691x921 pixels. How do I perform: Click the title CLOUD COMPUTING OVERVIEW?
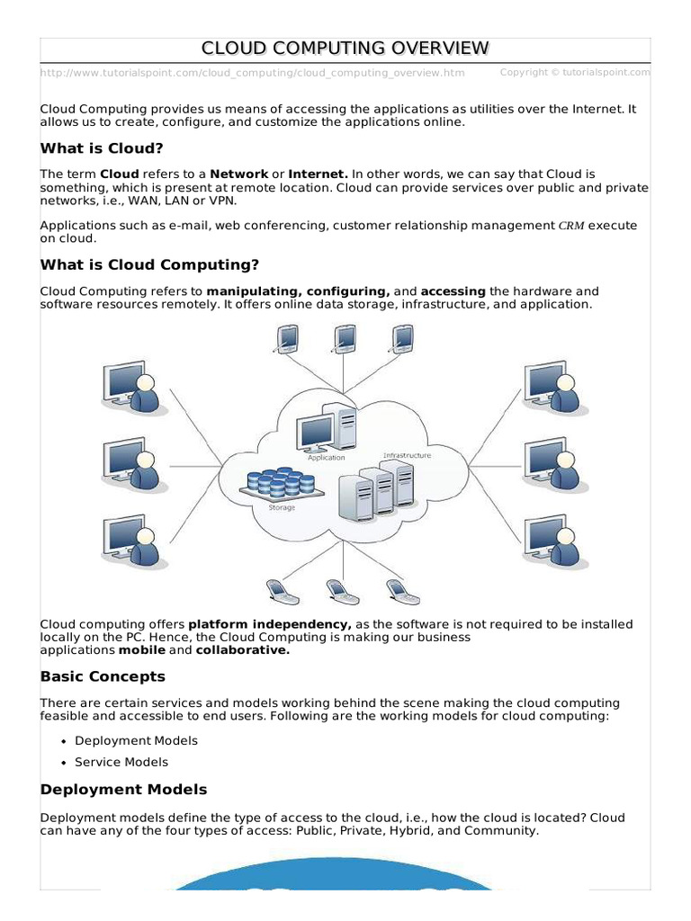click(345, 48)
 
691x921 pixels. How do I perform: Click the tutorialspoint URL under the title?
click(253, 72)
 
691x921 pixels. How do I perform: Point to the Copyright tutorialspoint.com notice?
click(575, 72)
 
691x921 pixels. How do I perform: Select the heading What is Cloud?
click(103, 148)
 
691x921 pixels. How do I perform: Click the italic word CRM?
click(571, 227)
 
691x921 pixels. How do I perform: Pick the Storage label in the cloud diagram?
click(282, 507)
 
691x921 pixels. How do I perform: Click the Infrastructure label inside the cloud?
click(407, 455)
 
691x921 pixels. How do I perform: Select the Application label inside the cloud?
click(326, 458)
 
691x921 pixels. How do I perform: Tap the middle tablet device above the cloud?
click(342, 336)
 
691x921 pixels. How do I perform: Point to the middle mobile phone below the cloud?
click(338, 590)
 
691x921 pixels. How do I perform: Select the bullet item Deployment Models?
click(136, 740)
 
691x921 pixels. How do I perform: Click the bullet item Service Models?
click(121, 762)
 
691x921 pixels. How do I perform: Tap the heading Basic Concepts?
click(103, 675)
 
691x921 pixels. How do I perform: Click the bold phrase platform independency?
click(270, 624)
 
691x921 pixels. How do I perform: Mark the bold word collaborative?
click(243, 650)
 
